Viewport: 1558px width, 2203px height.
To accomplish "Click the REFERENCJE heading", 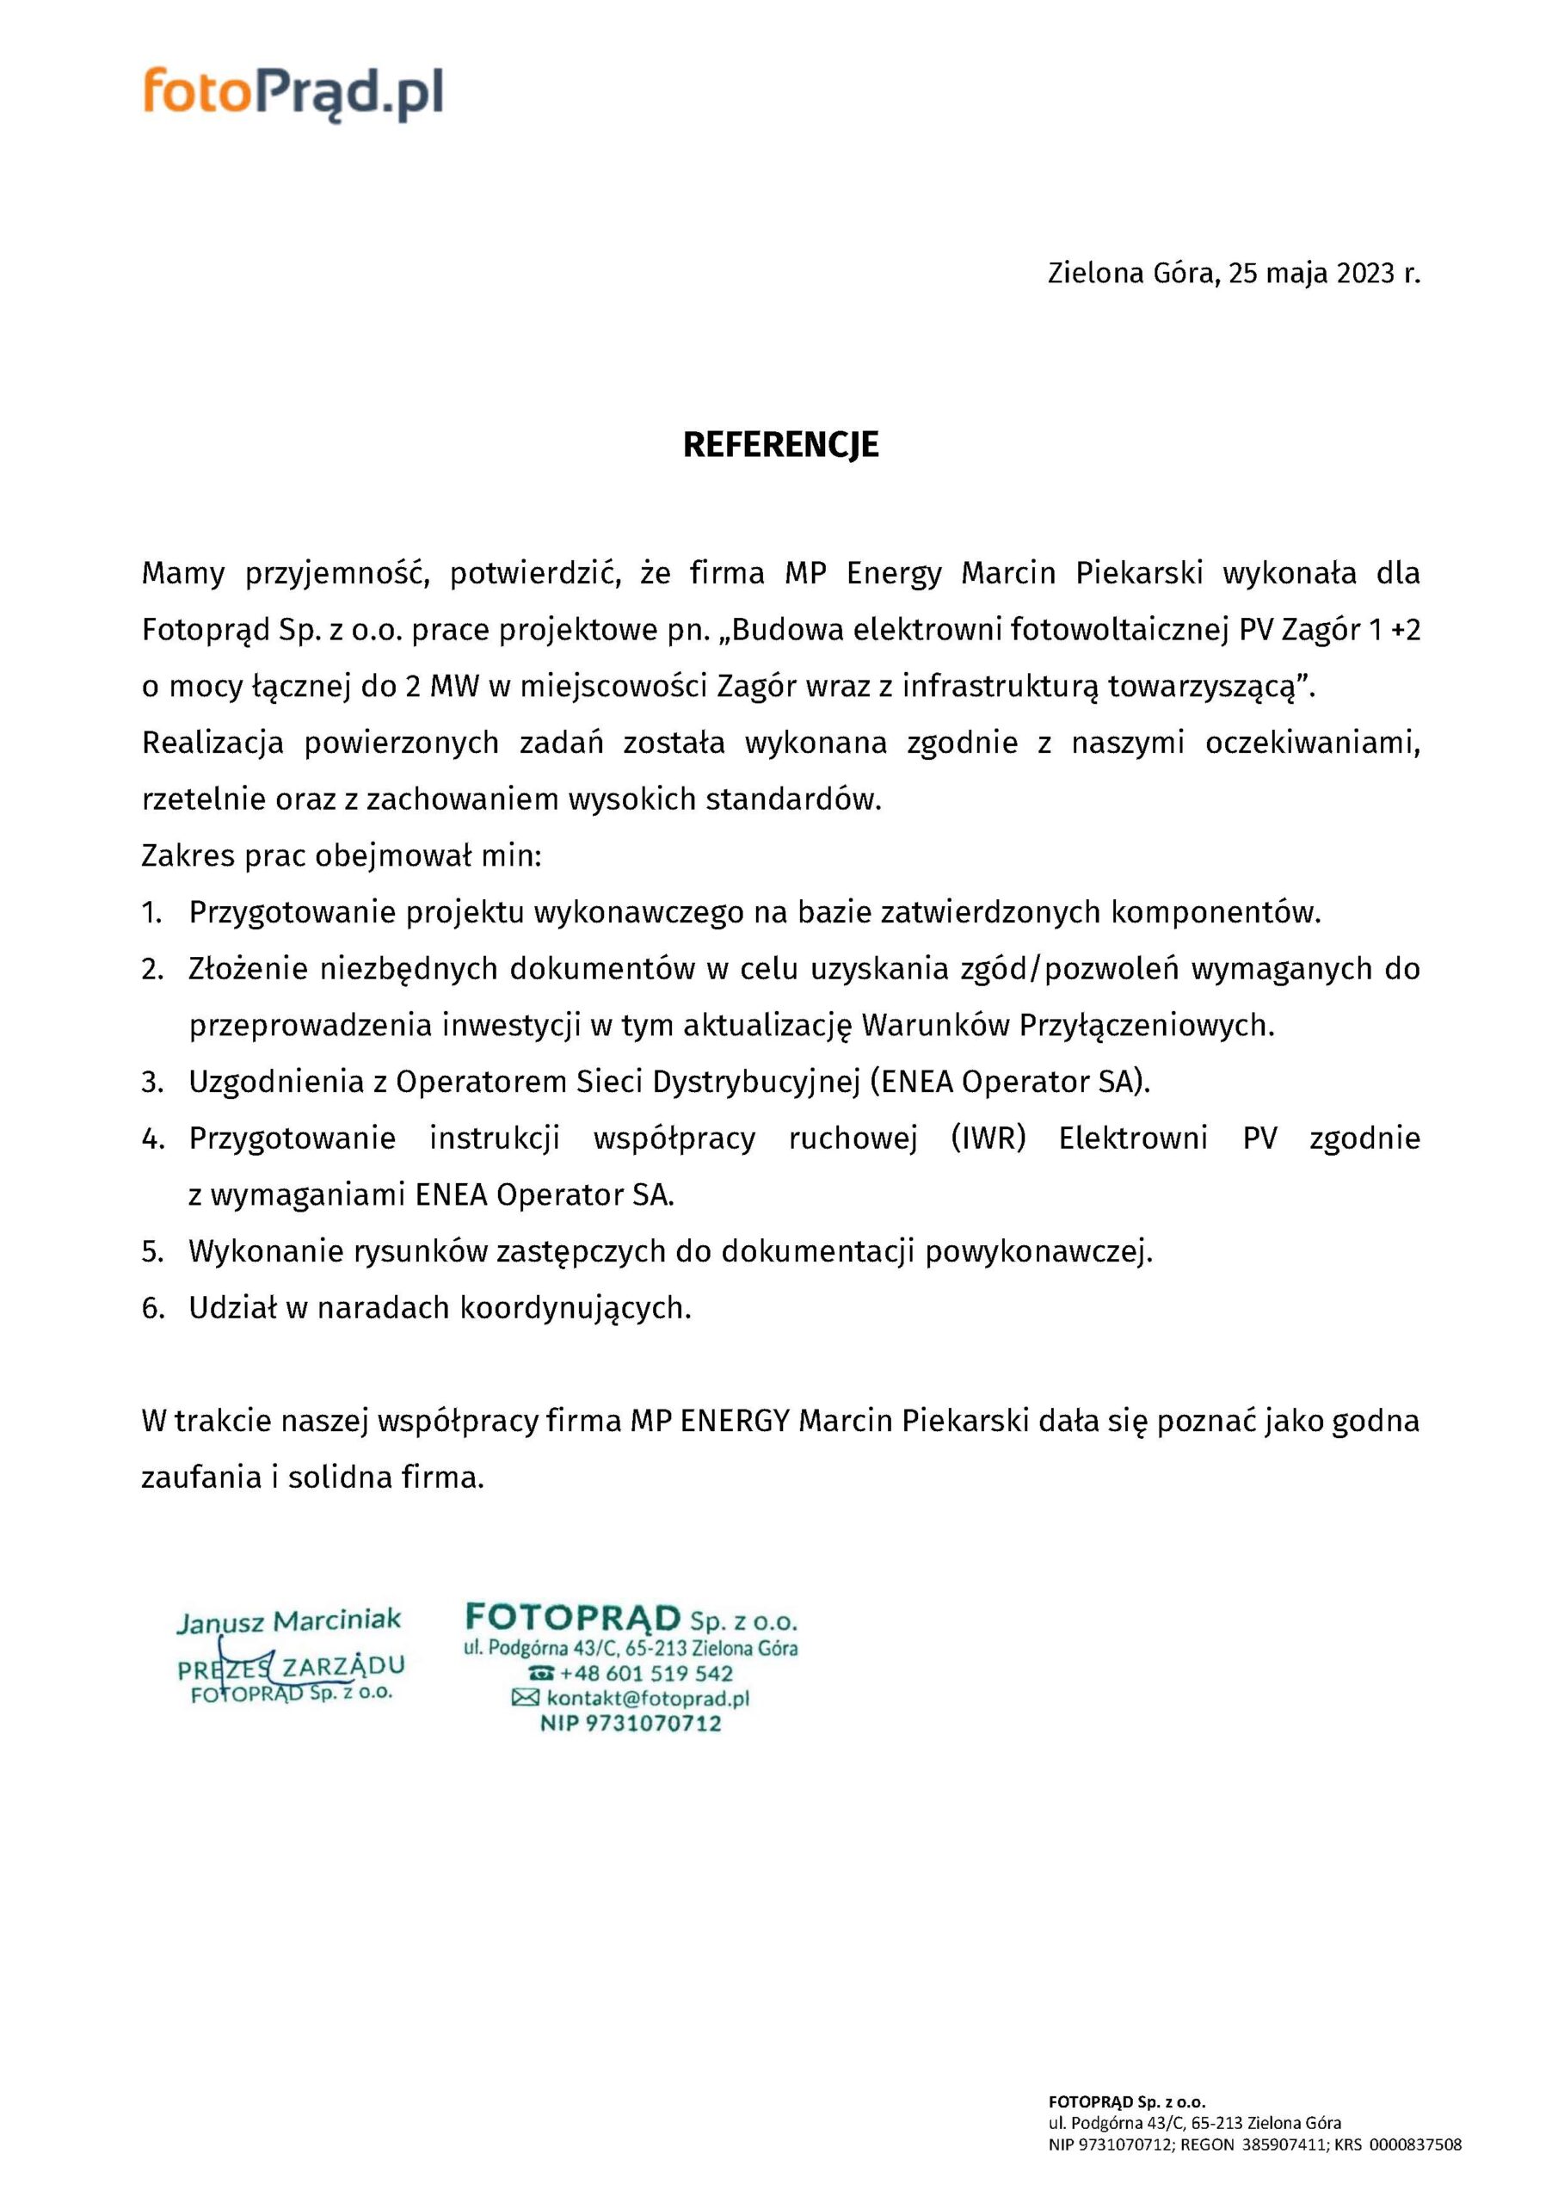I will coord(780,445).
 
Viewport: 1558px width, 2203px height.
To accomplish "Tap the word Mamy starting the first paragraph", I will coord(183,574).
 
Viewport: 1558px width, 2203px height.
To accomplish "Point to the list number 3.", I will coord(152,1083).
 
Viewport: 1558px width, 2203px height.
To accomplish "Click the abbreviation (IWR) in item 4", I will coord(989,1139).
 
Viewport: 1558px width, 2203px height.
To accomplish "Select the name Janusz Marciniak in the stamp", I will coord(289,1621).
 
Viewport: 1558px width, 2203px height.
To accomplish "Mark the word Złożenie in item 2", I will coord(243,970).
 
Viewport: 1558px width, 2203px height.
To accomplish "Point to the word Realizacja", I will coord(213,744).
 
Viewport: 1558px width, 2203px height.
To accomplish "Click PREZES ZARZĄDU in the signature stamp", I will coord(291,1668).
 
